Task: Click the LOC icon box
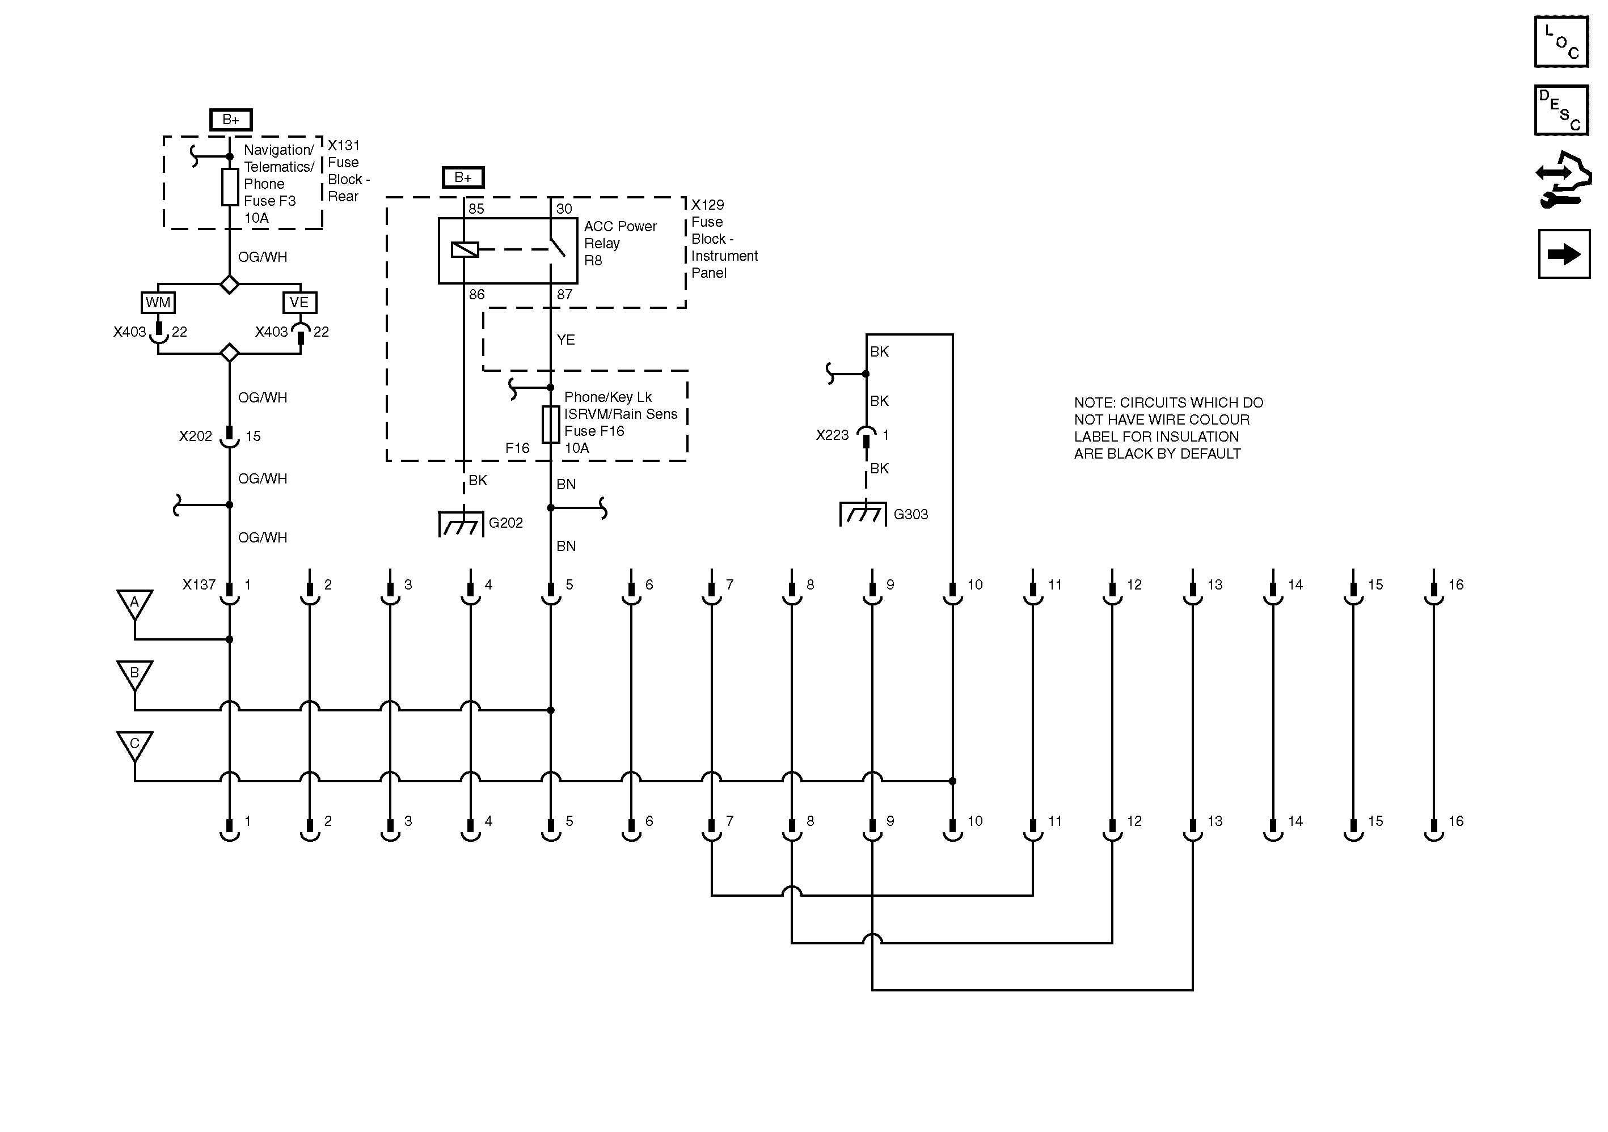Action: (1561, 43)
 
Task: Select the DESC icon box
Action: (1561, 111)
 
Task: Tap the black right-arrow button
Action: (1564, 254)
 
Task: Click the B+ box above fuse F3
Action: (230, 120)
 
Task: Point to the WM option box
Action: (158, 303)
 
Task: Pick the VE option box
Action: (299, 303)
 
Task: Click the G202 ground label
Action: (505, 523)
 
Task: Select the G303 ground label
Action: (910, 515)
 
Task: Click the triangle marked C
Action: (134, 744)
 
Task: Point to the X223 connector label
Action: (832, 435)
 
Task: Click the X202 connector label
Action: (195, 436)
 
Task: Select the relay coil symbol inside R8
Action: (465, 249)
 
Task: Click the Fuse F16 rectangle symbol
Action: (551, 424)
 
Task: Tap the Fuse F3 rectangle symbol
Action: (230, 187)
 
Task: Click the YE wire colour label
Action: (566, 340)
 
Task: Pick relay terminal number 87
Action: (564, 295)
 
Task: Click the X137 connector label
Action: (199, 584)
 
